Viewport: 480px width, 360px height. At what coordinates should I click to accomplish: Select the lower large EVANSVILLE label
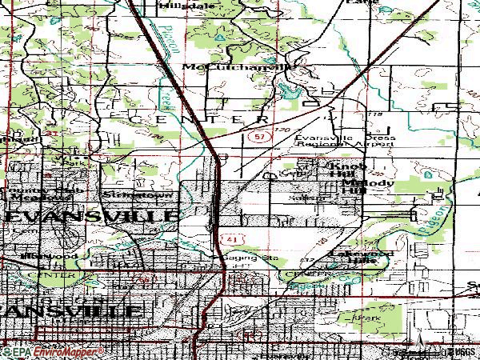point(72,310)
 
